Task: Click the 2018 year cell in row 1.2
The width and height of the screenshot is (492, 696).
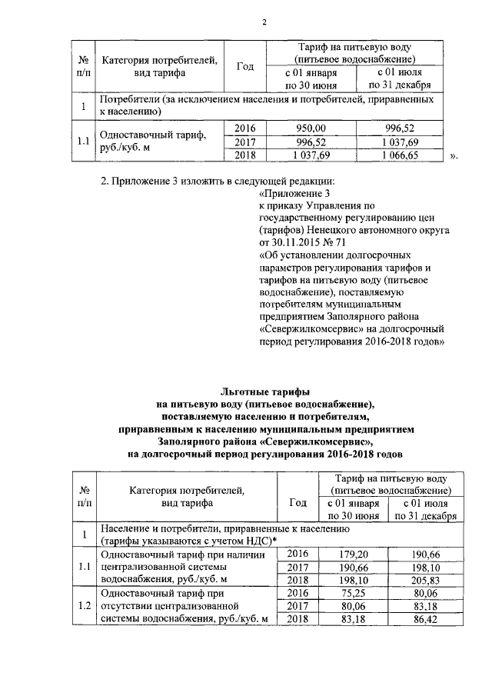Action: [297, 620]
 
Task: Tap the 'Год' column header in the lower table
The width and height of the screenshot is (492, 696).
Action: [297, 502]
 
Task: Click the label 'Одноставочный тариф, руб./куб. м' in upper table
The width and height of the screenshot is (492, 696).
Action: [154, 142]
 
